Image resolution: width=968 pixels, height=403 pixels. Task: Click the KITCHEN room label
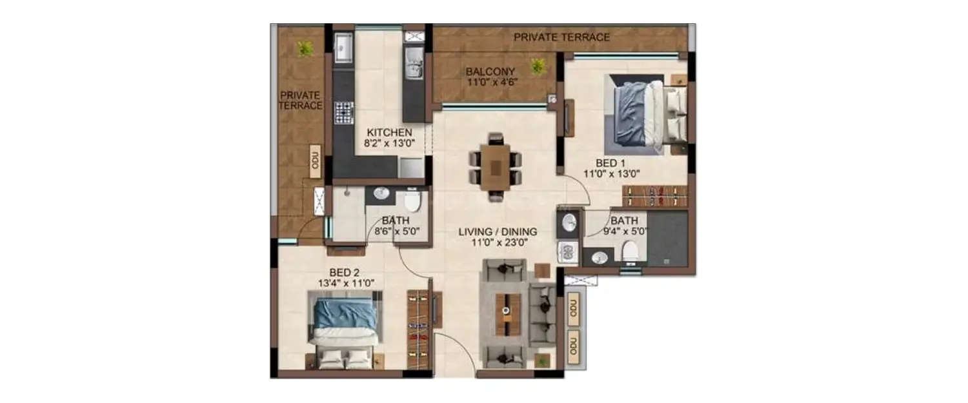pos(389,133)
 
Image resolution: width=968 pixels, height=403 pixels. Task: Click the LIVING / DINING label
pos(498,231)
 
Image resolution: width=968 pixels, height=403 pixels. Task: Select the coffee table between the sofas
pos(508,314)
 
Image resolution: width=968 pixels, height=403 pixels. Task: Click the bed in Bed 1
pos(645,110)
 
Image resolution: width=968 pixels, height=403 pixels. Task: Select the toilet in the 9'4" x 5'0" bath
pos(630,251)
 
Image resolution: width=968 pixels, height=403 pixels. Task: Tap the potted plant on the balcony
pos(537,66)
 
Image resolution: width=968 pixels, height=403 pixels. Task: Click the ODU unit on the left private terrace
pos(316,159)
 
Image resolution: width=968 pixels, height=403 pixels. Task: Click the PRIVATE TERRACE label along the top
pos(561,37)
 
